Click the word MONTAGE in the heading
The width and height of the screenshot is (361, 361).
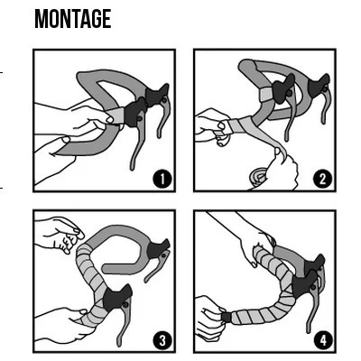point(72,19)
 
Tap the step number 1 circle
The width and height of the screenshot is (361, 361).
point(162,178)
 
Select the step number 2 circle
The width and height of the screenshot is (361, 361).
point(323,178)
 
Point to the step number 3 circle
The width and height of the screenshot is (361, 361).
point(162,339)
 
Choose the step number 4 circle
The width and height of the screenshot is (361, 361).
point(323,340)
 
